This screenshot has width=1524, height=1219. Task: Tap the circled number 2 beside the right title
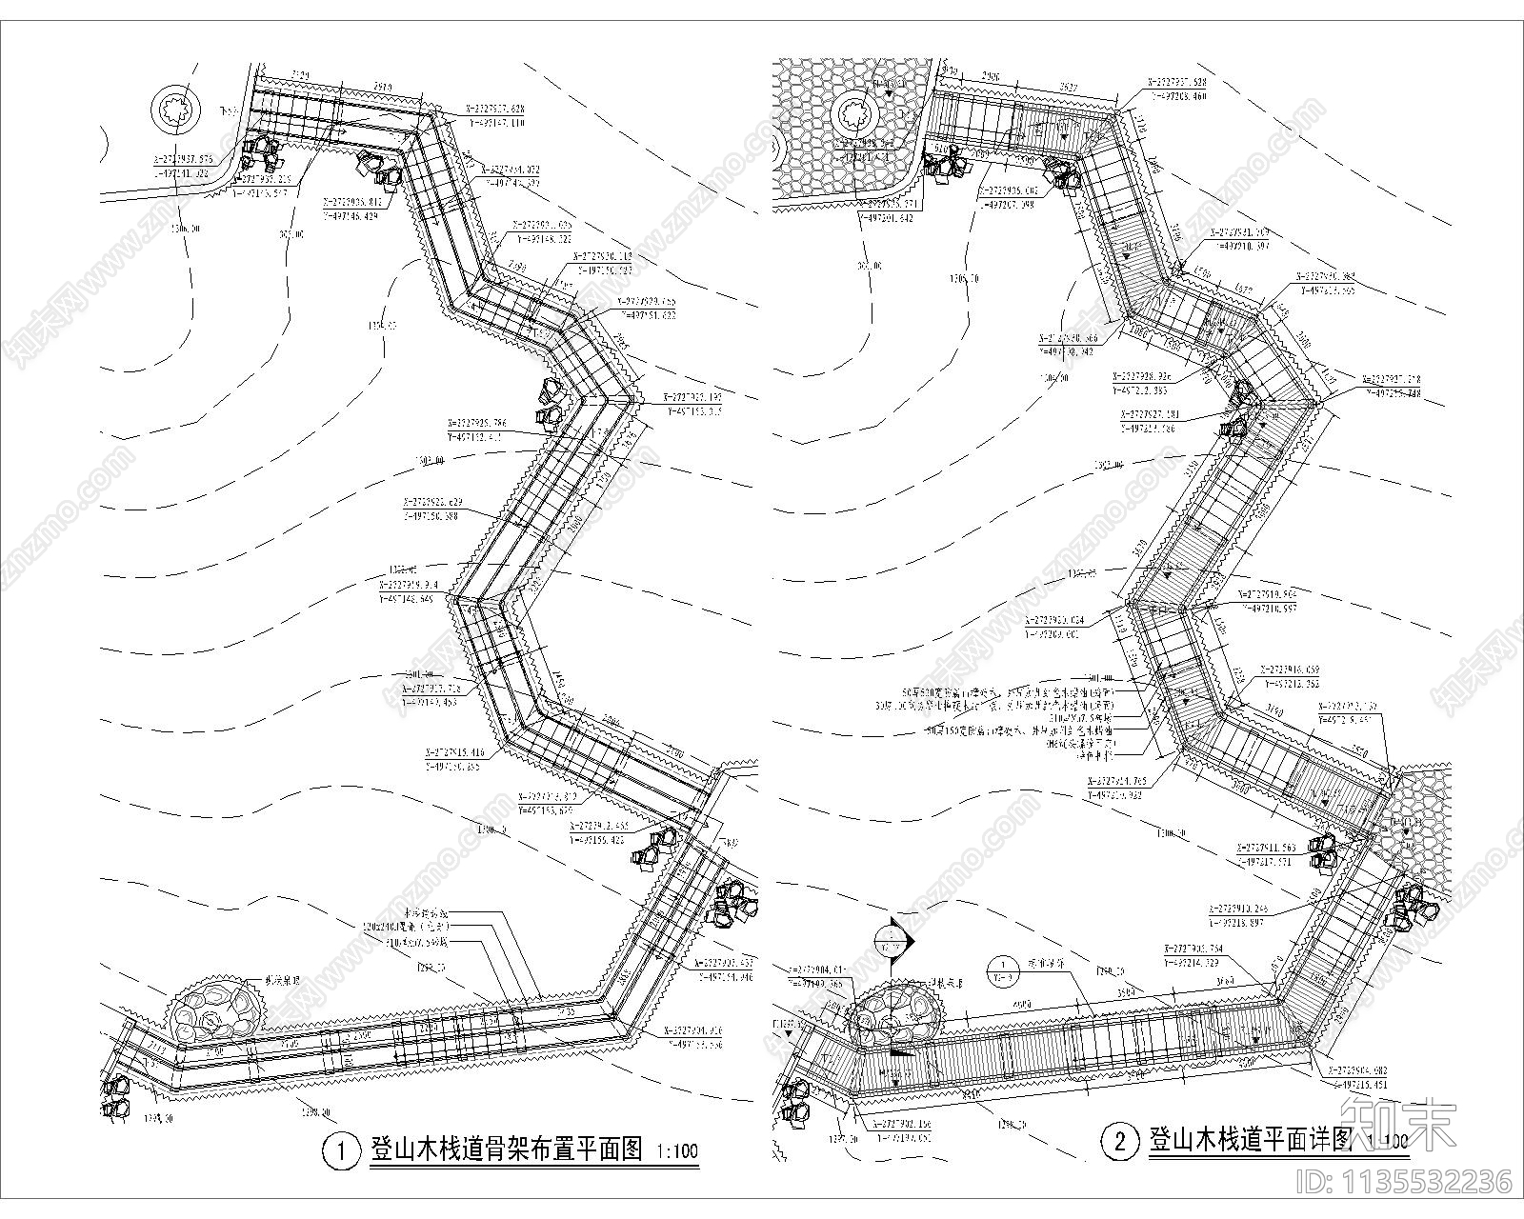(1119, 1141)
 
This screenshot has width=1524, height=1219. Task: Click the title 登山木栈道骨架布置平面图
(506, 1149)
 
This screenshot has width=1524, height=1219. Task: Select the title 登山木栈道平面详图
(1252, 1140)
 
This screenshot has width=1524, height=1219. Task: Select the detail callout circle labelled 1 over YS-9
(1003, 971)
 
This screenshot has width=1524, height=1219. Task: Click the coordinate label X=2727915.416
(470, 752)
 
